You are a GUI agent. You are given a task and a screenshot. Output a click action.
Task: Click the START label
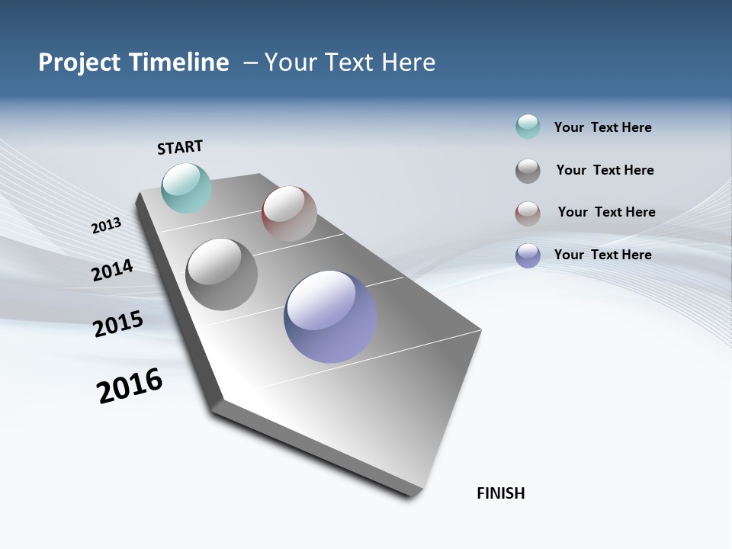coord(180,147)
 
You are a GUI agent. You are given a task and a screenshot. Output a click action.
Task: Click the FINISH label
coord(500,493)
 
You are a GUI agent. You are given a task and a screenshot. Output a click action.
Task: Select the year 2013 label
coord(106,226)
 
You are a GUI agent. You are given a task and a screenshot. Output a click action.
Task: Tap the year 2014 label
coord(112,270)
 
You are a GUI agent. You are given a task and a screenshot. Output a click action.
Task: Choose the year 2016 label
coord(130,386)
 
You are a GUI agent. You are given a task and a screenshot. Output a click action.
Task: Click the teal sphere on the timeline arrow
coord(187,188)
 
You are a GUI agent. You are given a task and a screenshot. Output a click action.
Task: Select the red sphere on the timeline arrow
coord(289,213)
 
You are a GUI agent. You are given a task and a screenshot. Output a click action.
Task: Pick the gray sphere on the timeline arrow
coord(222,274)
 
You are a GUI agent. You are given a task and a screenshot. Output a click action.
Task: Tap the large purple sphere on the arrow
coord(330,316)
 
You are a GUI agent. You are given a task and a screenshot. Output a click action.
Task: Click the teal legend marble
coord(528,127)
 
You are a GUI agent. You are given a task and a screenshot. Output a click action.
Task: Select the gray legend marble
coord(528,171)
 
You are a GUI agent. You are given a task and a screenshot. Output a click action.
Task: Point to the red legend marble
coord(528,213)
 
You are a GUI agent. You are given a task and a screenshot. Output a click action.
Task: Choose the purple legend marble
coord(528,255)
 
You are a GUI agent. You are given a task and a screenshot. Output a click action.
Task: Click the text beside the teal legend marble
coord(602,127)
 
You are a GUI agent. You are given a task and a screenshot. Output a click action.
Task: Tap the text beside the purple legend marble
coord(602,255)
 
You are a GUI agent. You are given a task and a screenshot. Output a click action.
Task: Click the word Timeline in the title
coord(179,63)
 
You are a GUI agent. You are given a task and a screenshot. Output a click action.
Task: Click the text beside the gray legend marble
coord(605,170)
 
